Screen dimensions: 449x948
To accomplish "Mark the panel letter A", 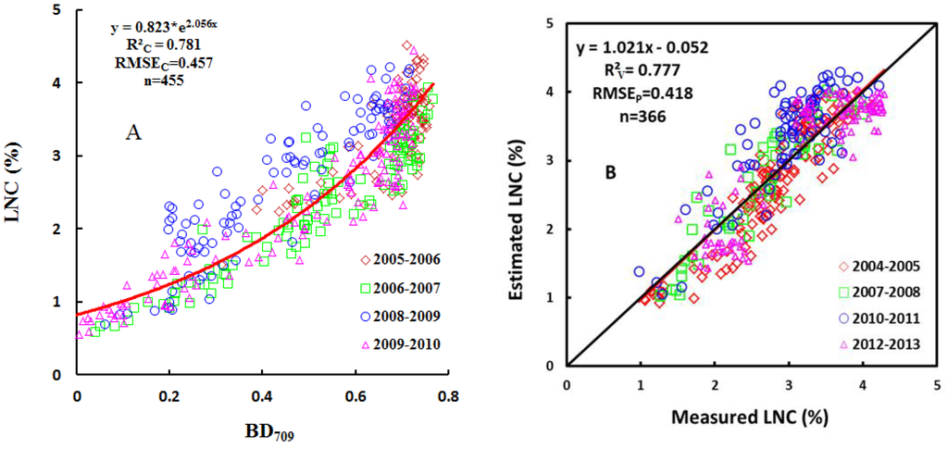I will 134,133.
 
